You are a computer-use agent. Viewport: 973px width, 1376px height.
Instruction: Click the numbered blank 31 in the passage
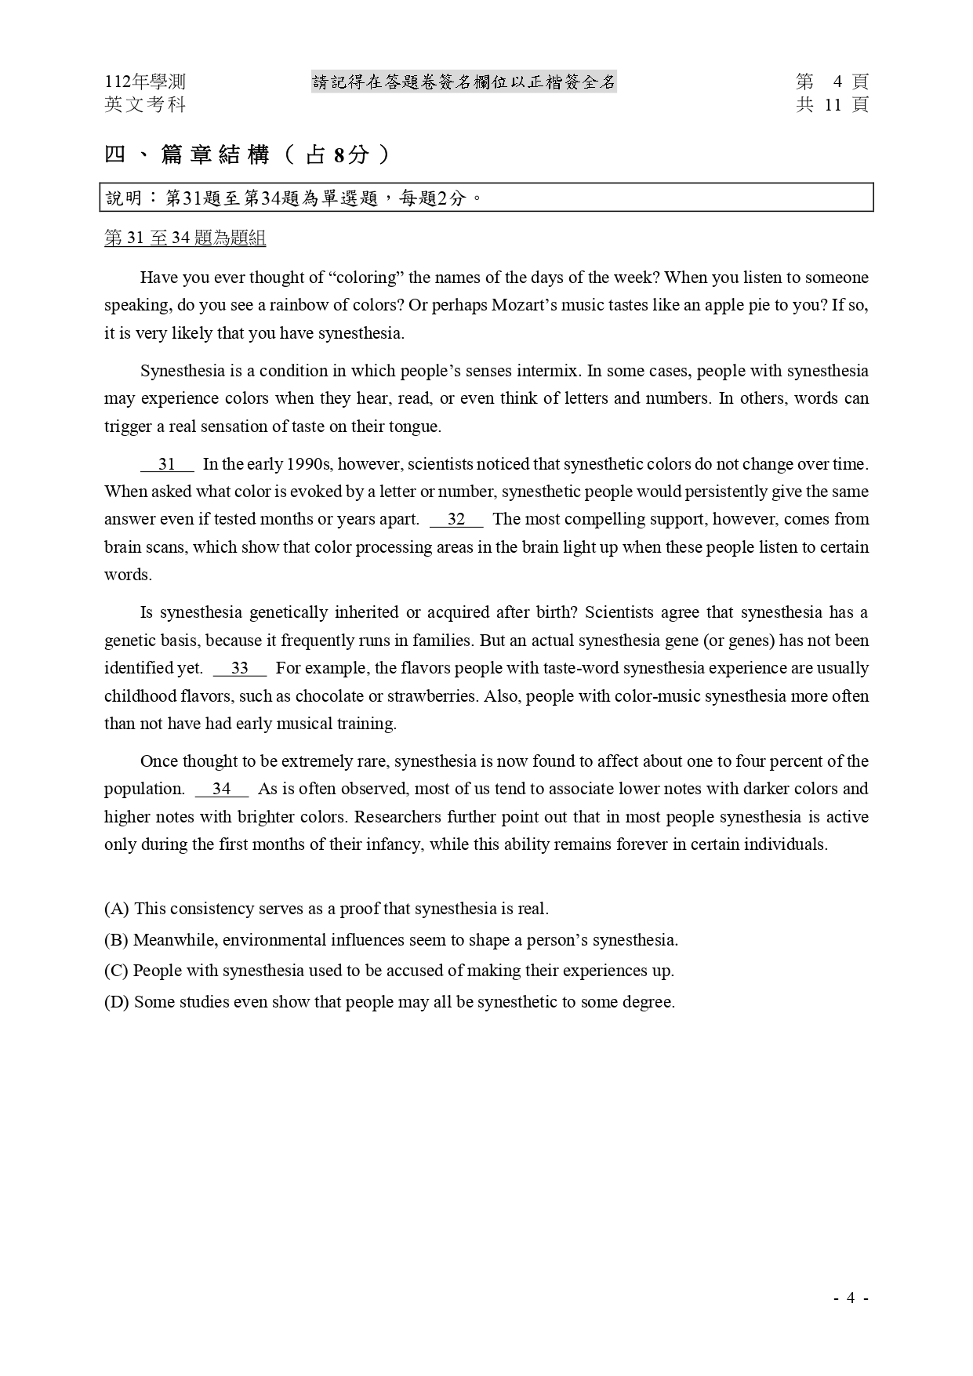167,464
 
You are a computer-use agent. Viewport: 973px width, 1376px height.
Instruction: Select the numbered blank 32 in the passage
456,519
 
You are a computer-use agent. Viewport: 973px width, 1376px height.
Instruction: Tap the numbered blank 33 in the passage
239,668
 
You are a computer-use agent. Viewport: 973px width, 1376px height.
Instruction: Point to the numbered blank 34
221,789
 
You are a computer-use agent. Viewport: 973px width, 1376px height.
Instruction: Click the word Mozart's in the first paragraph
524,305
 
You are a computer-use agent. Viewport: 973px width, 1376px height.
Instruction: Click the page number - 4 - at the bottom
851,1298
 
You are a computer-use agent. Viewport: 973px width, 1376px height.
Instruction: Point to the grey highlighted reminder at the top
464,82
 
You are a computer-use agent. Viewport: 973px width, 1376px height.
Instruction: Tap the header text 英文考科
145,104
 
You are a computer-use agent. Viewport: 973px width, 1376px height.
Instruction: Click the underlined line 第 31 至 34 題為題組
185,238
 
